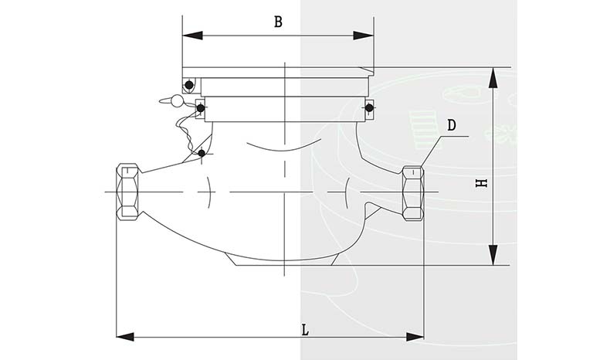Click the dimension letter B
click(278, 22)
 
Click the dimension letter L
click(306, 331)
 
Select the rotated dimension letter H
click(482, 183)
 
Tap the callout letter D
click(451, 125)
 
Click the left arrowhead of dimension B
click(192, 36)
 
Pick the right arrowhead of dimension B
click(364, 36)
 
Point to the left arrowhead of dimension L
click(125, 337)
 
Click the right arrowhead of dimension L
click(415, 337)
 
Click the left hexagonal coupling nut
click(127, 192)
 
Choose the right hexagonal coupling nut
click(413, 193)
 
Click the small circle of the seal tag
click(177, 101)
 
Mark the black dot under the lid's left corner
click(189, 85)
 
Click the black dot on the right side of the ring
click(369, 107)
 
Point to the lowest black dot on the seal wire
click(202, 153)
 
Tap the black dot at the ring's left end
click(200, 108)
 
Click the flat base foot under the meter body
click(285, 260)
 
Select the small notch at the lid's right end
click(368, 72)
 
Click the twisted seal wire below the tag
click(186, 132)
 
